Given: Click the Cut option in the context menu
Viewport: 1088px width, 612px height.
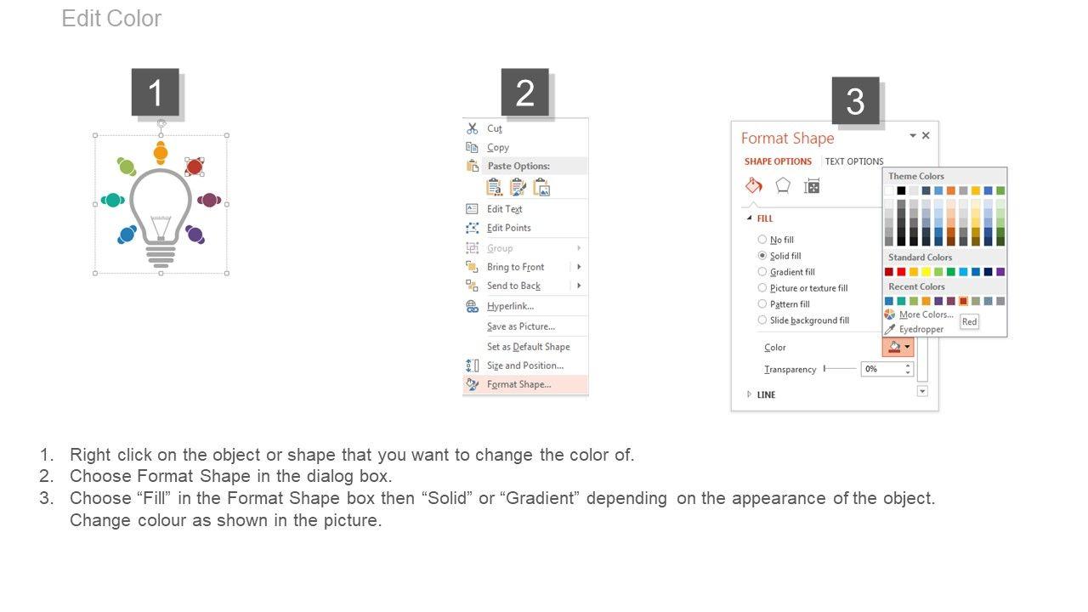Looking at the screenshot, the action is pos(494,128).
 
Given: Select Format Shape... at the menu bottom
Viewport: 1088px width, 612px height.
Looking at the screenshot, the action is pos(518,385).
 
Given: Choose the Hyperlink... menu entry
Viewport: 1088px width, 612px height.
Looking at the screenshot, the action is pos(510,307).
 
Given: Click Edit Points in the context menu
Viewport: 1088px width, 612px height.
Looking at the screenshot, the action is pos(508,229).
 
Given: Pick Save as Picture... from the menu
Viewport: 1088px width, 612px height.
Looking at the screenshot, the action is pos(521,327).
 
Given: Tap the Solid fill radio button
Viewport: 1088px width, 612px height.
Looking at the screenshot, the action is pos(762,256).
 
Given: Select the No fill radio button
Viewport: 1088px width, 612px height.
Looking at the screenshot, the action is pos(762,240).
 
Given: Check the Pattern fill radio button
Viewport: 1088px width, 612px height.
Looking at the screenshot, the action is pos(762,304).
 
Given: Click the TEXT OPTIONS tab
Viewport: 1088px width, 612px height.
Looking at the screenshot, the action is pos(854,161).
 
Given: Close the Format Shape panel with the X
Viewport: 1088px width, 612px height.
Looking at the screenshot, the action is pos(926,135).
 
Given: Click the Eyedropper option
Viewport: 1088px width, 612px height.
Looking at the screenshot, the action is pos(921,329).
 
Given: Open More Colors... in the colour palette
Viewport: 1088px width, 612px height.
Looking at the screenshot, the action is pos(926,314).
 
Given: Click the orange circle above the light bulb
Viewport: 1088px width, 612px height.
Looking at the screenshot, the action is pos(161,152).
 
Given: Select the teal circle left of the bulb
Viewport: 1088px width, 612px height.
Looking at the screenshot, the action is pos(113,200).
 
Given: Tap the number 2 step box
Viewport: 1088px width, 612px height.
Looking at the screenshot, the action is pos(525,93).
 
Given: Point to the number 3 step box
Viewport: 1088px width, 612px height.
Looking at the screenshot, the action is pos(856,100).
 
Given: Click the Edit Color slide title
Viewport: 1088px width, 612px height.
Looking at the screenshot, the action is pos(111,19).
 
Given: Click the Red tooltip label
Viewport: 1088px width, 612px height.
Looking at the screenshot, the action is pos(970,321).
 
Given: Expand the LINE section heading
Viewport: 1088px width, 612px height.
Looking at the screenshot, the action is pos(766,395).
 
